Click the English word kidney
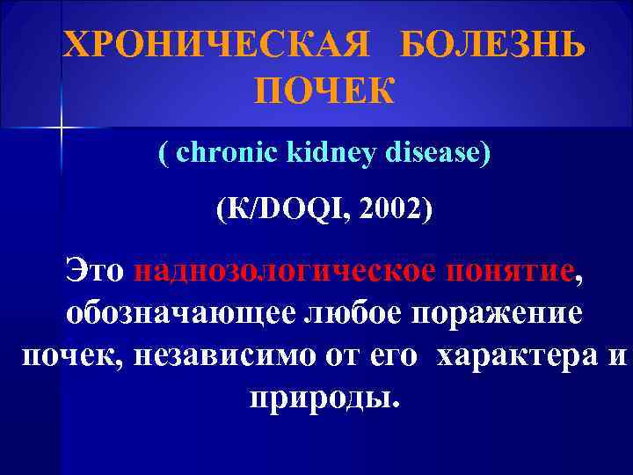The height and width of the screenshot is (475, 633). (x=327, y=153)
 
